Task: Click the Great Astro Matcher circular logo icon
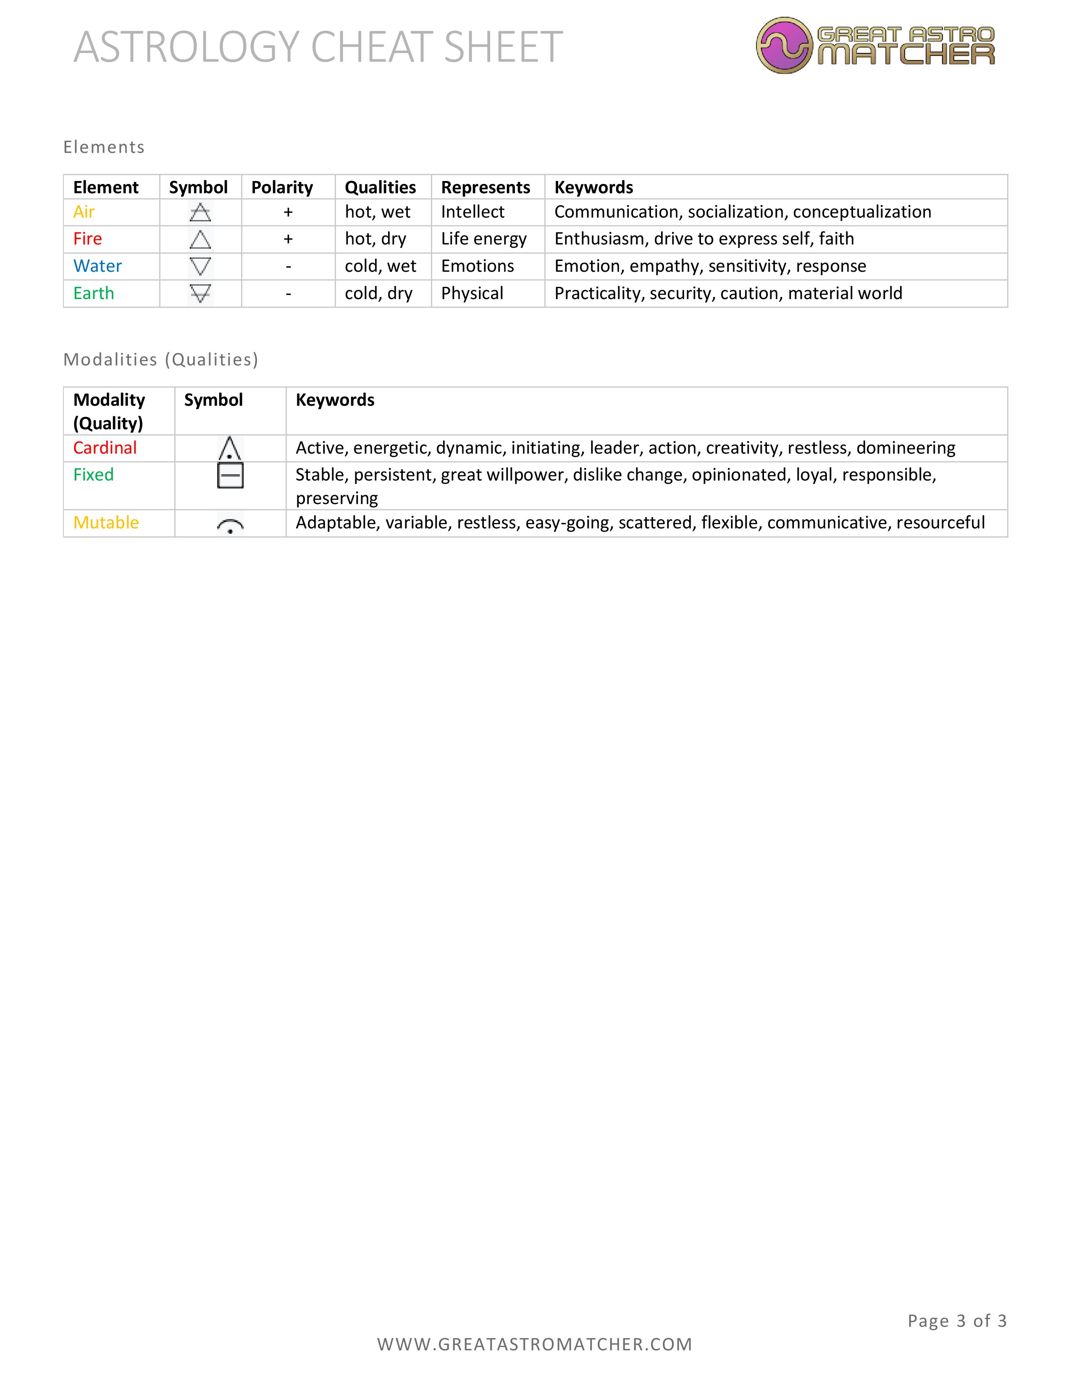[784, 45]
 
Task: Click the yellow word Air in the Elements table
[84, 212]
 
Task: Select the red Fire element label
[87, 239]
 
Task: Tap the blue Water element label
[98, 266]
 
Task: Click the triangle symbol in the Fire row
[200, 239]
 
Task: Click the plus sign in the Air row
[288, 212]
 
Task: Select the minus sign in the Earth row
[288, 293]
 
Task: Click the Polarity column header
[282, 187]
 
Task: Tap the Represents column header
[486, 187]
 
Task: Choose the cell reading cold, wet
[381, 266]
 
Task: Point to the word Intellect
[472, 212]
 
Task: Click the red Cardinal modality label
[105, 448]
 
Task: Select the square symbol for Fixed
[230, 475]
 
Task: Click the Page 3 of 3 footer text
[957, 1320]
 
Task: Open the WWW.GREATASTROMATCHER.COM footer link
[535, 1344]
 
